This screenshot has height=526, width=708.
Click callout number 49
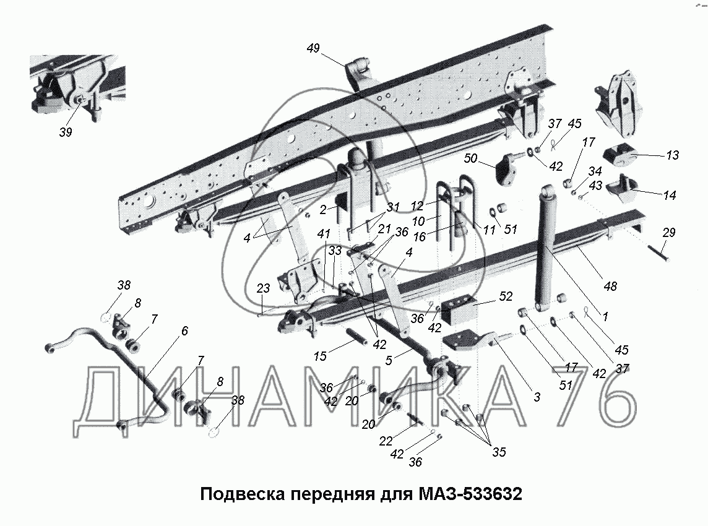[x=313, y=49]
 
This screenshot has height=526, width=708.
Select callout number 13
[x=671, y=156]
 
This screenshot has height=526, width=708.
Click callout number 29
[x=668, y=233]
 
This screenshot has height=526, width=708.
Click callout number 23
[x=262, y=288]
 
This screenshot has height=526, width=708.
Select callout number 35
[x=499, y=452]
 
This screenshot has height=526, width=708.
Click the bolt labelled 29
[x=658, y=254]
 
